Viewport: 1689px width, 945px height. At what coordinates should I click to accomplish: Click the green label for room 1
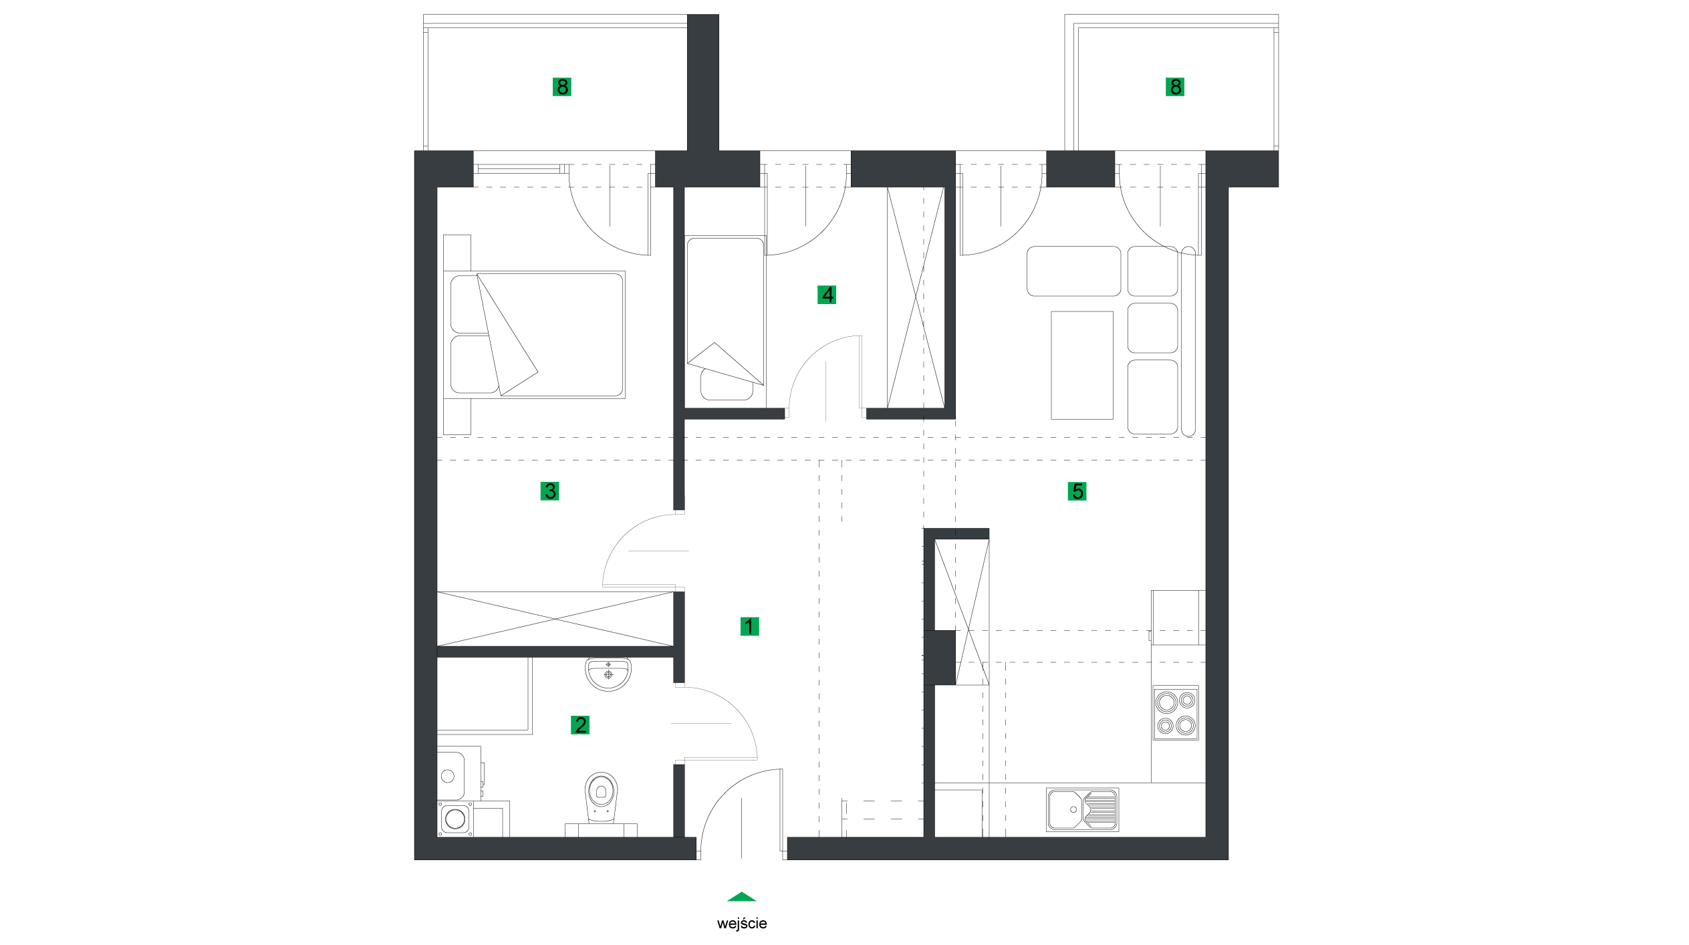pos(749,626)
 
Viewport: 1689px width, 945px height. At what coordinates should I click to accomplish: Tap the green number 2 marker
pos(580,724)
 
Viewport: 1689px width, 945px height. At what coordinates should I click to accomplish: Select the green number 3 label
pos(549,491)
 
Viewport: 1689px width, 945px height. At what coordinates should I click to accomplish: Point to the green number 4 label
pos(827,295)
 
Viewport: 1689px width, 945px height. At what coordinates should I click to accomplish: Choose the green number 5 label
pos(1077,491)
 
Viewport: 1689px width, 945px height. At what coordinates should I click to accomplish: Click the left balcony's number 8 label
pos(562,87)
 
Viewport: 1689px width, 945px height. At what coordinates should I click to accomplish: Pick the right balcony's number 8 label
pos(1175,87)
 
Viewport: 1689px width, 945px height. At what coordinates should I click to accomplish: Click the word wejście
pos(742,924)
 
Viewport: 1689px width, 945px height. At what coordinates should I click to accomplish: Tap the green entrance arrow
pos(742,897)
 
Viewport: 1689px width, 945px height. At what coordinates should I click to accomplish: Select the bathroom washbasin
pos(608,674)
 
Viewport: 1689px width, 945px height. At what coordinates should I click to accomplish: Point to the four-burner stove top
pos(1176,712)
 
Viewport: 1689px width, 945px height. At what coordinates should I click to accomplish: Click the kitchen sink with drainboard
pos(1082,809)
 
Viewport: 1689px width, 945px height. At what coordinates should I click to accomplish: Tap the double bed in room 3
pos(535,334)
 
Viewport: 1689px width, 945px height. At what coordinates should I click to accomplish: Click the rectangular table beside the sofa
pos(1082,365)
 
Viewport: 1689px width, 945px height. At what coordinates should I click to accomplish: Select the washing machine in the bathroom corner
pos(455,819)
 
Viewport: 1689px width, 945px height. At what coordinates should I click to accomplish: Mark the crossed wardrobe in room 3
pos(555,620)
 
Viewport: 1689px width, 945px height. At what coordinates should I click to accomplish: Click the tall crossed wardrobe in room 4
pos(916,297)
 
